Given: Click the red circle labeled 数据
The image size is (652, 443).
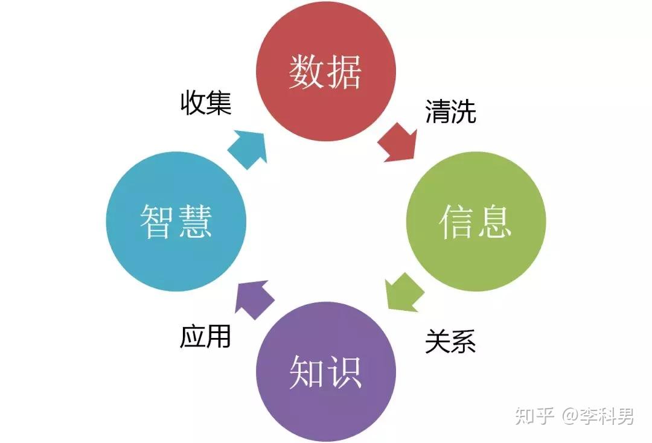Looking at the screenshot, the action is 325,71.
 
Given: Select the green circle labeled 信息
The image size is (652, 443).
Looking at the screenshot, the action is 476,221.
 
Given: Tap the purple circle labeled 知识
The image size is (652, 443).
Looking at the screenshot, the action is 325,372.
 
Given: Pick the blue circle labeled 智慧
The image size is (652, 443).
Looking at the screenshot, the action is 176,221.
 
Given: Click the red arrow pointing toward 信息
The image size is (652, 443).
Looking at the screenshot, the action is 398,143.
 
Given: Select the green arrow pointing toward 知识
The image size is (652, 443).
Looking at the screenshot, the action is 403,292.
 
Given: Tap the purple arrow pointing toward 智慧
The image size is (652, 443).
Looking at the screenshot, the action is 253,299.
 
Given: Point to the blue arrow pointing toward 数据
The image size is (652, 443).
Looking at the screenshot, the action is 248,149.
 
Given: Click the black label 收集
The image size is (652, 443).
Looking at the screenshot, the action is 206,103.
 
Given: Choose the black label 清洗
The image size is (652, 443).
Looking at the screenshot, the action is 450,112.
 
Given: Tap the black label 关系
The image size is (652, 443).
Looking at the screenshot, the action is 450,341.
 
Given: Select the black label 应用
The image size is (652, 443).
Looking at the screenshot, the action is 205,336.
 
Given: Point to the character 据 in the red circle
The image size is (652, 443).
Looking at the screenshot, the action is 344,71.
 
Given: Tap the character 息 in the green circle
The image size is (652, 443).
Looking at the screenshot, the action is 494,221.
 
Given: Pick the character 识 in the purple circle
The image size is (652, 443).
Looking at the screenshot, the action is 344,372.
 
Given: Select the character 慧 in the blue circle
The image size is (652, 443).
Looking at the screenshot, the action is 194,221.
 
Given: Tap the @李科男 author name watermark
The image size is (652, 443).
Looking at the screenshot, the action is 598,416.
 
